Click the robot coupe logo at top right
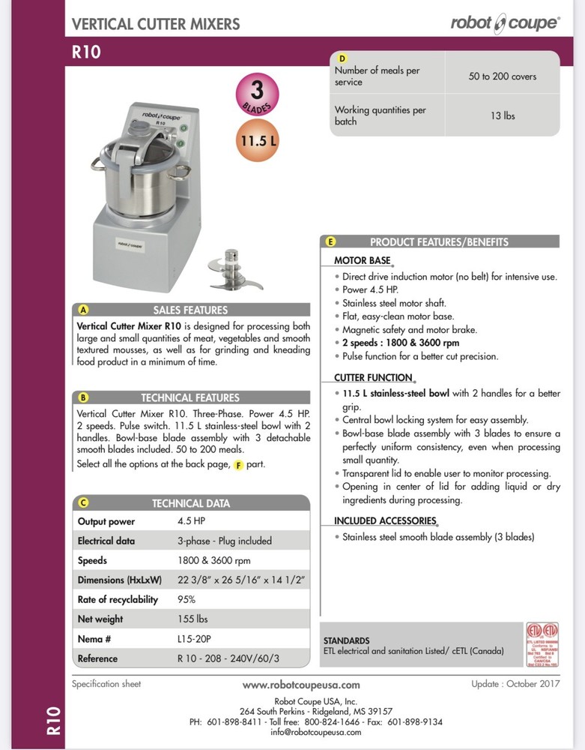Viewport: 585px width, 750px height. pos(504,23)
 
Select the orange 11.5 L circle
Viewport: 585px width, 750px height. pos(257,140)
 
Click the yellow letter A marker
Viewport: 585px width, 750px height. pos(84,310)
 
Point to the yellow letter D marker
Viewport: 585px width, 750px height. pos(342,58)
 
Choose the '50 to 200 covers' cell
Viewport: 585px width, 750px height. pos(503,76)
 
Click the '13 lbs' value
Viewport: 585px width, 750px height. pos(503,115)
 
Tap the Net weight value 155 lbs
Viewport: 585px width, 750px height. pos(193,619)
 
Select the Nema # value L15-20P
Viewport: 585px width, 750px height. pos(194,639)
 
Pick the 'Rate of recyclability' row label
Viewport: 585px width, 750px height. pos(118,600)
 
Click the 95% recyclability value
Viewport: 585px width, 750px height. pos(187,600)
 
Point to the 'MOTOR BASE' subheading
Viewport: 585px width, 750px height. pos(363,260)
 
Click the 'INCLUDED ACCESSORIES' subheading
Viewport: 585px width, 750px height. pos(385,520)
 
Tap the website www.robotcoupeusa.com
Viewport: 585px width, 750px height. pos(301,685)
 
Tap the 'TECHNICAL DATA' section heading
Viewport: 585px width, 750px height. pos(191,503)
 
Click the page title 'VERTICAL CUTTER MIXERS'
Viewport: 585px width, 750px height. pos(156,24)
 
